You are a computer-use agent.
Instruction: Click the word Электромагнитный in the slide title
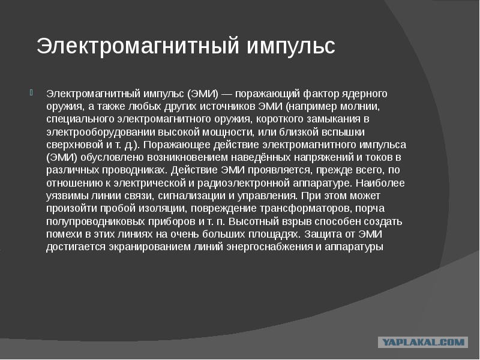138,46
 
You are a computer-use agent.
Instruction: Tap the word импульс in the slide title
291,47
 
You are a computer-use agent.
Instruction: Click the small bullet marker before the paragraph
32,92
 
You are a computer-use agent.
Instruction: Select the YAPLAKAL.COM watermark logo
423,342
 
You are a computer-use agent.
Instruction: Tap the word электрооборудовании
101,132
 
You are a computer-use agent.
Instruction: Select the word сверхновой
74,145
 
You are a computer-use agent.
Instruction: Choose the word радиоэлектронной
244,183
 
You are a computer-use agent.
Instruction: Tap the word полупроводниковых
95,221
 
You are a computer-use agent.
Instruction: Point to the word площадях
274,235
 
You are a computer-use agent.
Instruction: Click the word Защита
323,234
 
